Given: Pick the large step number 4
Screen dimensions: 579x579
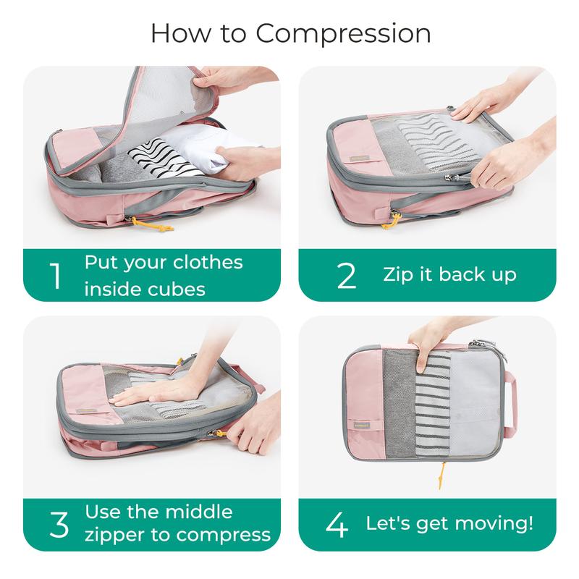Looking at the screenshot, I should (x=337, y=523).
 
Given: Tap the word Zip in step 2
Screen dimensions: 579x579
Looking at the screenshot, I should (x=400, y=274).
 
